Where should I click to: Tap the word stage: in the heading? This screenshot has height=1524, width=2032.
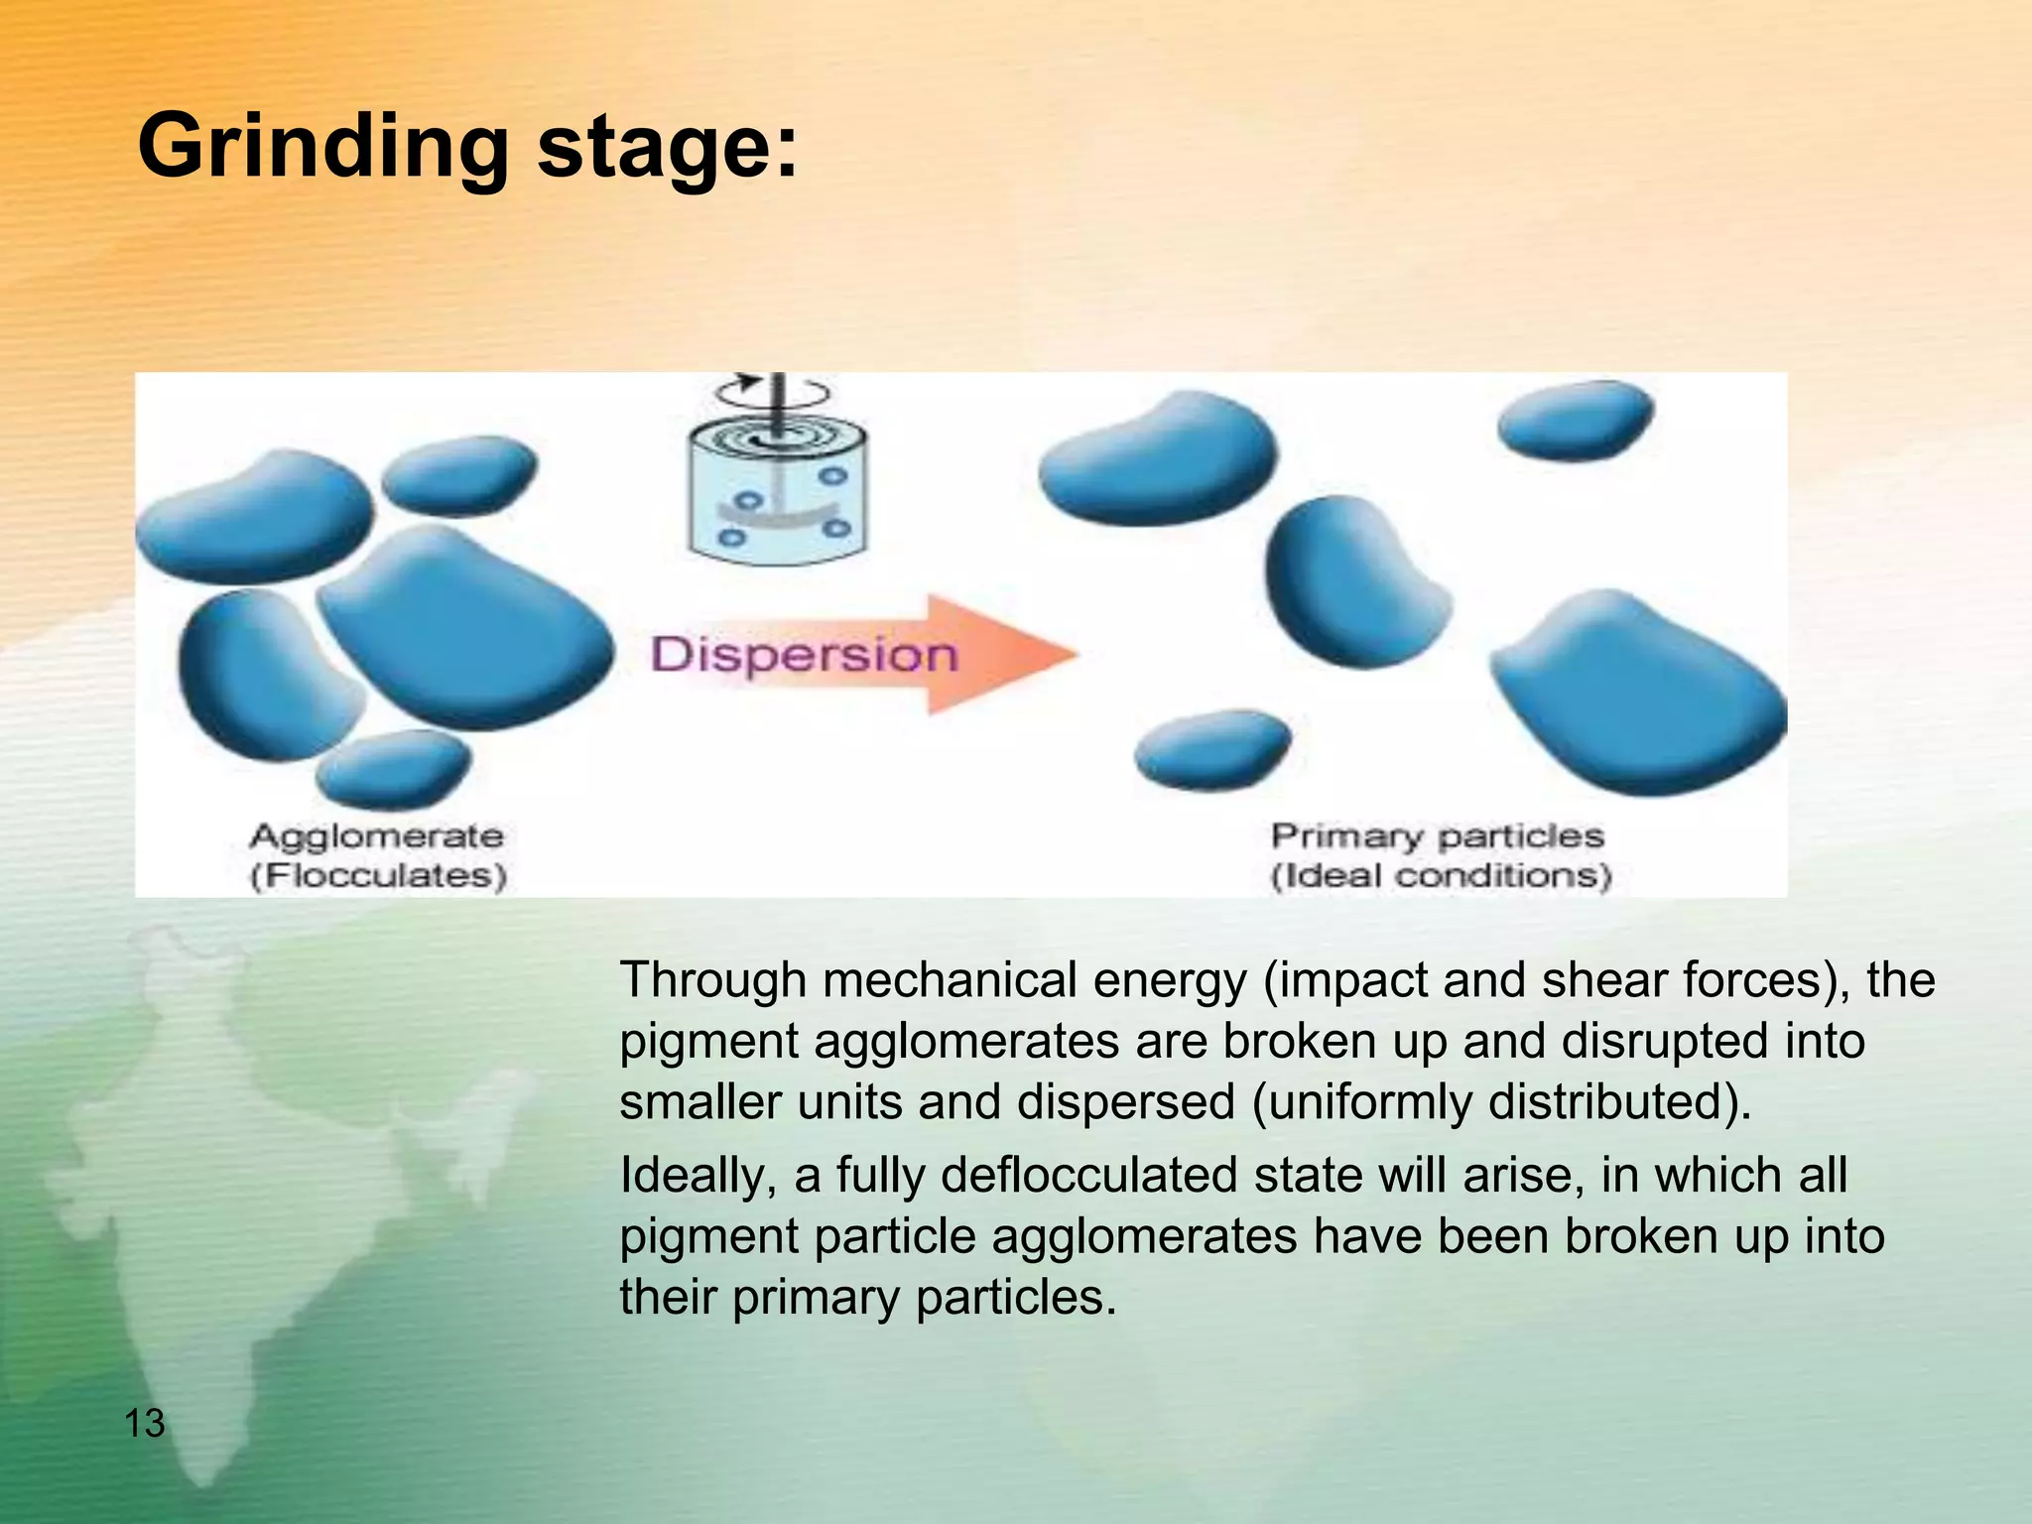667,148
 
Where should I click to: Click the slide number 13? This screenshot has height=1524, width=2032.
145,1423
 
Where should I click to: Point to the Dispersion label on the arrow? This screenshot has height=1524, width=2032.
804,655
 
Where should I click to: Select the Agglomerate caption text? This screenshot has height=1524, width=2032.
376,836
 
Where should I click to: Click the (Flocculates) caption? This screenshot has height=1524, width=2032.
378,876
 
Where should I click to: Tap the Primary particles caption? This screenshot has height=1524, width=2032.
1437,836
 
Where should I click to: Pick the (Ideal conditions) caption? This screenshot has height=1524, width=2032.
1441,876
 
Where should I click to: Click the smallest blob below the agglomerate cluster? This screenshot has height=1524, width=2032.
394,769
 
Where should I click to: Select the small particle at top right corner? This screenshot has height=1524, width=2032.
1575,420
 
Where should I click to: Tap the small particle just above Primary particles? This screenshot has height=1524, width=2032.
1212,749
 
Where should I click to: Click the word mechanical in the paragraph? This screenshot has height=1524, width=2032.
950,981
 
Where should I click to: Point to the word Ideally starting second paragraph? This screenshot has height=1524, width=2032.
698,1176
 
